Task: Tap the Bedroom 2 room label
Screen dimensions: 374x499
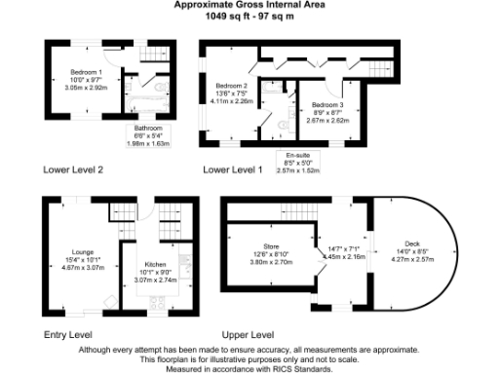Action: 231,86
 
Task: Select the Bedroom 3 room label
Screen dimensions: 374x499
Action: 327,104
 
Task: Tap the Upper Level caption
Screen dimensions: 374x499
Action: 249,334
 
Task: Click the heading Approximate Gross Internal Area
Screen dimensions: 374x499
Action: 249,5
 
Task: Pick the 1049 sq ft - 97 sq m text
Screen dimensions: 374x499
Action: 249,17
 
